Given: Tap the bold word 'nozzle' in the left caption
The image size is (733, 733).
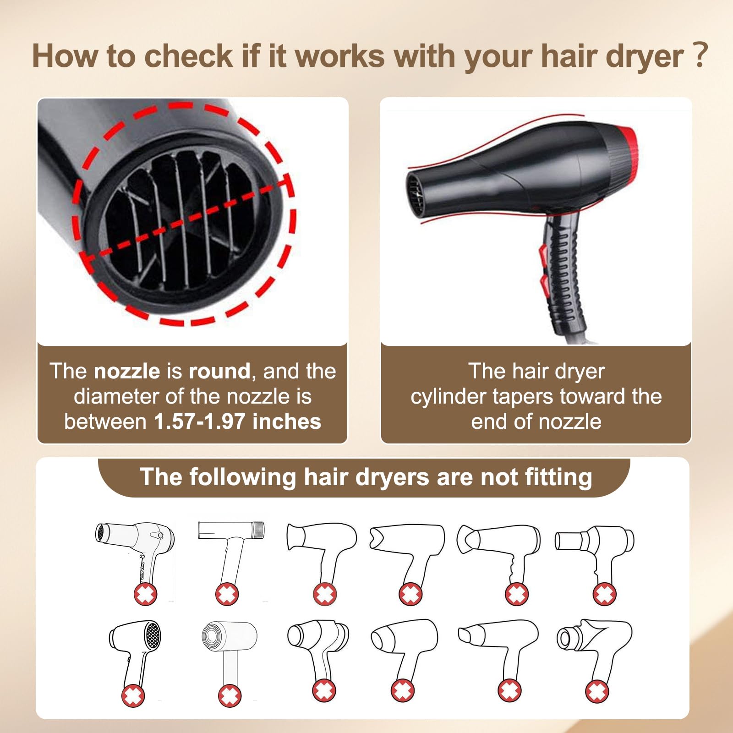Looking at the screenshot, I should (127, 371).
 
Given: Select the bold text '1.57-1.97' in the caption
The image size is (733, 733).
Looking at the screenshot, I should (199, 421).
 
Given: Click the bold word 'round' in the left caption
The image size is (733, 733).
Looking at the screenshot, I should (219, 371).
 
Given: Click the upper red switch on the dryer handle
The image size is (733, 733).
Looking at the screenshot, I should (543, 252).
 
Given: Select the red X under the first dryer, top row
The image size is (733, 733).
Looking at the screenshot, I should (145, 595).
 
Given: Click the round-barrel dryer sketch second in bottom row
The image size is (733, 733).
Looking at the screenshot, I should (229, 651).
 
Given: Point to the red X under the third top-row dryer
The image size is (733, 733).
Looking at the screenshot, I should (325, 595).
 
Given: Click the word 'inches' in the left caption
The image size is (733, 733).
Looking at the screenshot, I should (286, 421).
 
